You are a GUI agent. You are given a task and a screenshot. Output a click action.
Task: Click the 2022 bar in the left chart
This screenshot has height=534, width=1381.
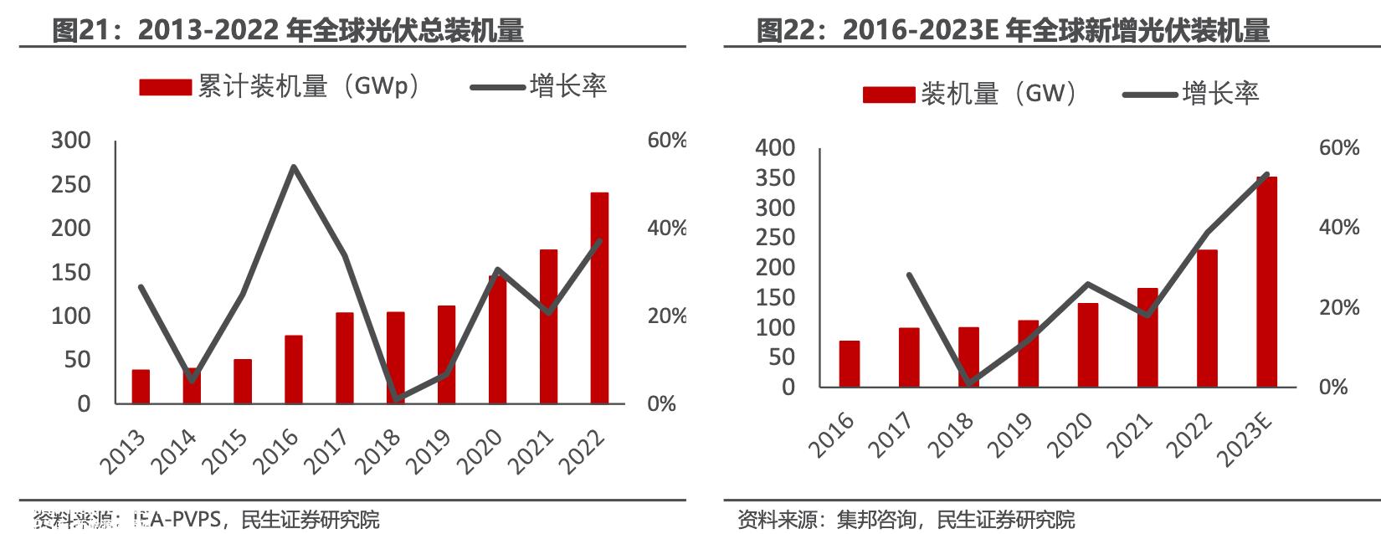(599, 299)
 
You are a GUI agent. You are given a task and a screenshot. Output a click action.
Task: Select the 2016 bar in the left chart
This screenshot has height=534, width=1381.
(294, 369)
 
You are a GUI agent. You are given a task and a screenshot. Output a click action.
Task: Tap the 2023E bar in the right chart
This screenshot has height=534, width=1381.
(1266, 282)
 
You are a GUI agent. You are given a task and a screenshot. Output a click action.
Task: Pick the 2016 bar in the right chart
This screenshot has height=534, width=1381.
(850, 364)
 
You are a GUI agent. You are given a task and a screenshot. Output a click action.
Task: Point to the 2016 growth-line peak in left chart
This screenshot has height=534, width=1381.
(294, 167)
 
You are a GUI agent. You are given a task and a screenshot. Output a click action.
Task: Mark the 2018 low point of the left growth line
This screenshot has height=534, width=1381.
(395, 400)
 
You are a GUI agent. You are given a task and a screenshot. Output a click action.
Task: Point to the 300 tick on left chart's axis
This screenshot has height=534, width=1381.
(71, 141)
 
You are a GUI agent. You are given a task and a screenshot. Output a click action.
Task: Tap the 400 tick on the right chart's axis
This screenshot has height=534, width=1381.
(775, 148)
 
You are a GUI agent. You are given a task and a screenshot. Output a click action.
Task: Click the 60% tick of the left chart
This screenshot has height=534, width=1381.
(666, 141)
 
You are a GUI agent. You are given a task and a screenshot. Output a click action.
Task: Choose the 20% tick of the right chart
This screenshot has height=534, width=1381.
(1338, 307)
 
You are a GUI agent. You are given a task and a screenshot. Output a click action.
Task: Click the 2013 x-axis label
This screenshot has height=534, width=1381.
(123, 452)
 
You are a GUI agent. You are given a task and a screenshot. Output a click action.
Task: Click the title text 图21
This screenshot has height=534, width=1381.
(77, 31)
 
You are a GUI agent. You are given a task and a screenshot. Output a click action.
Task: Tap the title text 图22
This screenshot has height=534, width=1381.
(782, 31)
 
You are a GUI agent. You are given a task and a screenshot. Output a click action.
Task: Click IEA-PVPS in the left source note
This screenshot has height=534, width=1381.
(177, 520)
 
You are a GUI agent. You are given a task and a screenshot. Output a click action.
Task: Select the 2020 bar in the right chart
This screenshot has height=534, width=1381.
(1088, 345)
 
